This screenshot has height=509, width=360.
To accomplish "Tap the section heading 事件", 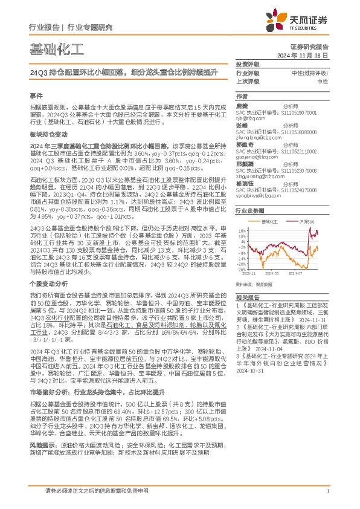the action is point(36,96).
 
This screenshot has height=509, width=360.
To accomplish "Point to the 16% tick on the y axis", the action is point(242,230).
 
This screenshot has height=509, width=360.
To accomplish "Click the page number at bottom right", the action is point(327,491).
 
